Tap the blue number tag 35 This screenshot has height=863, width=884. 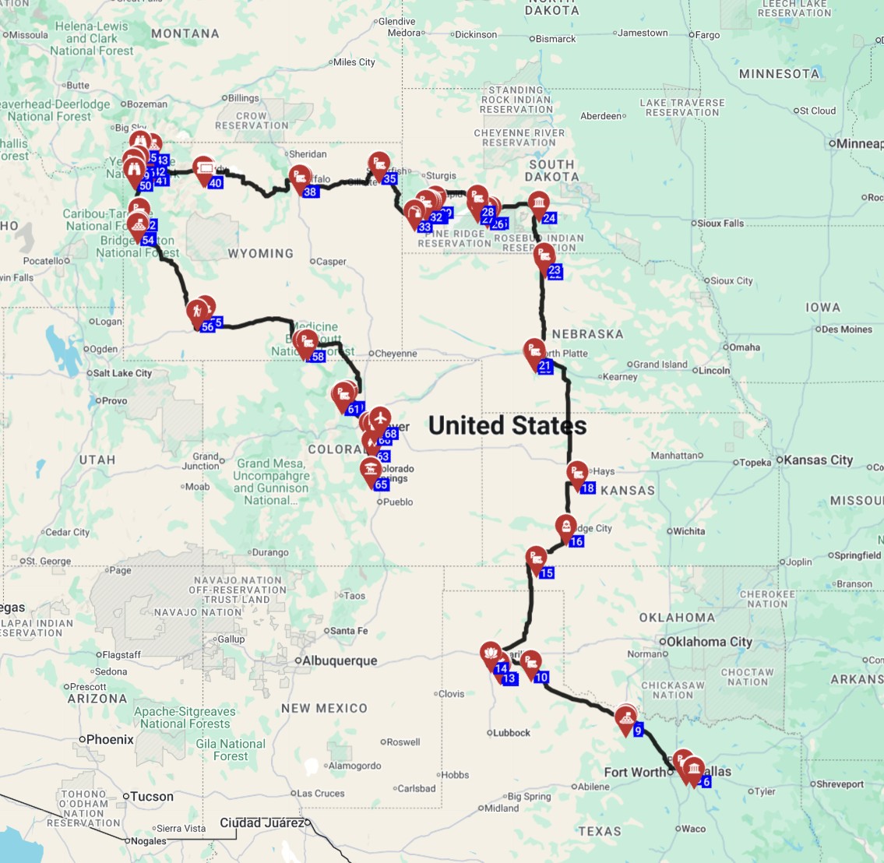coord(390,179)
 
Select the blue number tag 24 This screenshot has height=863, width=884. coord(549,218)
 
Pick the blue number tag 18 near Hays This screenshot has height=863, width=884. coord(588,488)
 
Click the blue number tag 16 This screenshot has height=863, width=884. coord(576,541)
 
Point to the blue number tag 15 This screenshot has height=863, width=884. coord(547,573)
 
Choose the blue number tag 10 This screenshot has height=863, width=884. coord(541,677)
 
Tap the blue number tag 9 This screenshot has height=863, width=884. coord(638,731)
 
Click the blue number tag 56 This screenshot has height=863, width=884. coord(207,327)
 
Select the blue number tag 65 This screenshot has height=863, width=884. coord(381,484)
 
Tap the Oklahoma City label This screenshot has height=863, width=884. coord(708,642)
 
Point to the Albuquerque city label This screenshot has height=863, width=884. coord(339,660)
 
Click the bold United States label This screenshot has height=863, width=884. coord(507,425)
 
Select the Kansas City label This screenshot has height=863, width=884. coord(818,460)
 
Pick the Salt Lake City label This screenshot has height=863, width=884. coord(122,373)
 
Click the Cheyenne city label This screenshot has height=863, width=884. coord(396,354)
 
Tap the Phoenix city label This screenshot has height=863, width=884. coord(110,739)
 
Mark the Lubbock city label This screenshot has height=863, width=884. coord(512,732)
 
